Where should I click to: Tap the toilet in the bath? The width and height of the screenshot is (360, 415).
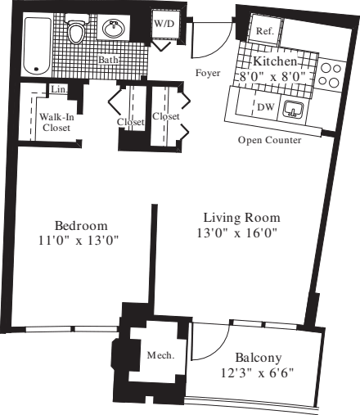tap(78, 32)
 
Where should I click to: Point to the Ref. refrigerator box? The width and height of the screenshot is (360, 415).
tap(264, 30)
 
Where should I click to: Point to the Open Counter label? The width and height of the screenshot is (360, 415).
tap(269, 140)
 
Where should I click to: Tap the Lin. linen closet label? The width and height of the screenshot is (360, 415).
tap(57, 88)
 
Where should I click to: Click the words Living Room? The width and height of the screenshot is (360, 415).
tap(242, 218)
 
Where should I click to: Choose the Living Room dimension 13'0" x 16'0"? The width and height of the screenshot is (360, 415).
tap(242, 233)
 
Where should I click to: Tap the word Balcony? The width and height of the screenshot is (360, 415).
tap(258, 358)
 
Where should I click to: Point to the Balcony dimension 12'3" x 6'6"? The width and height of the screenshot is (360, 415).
tap(258, 373)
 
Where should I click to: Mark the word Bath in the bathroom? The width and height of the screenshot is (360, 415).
tap(107, 60)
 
